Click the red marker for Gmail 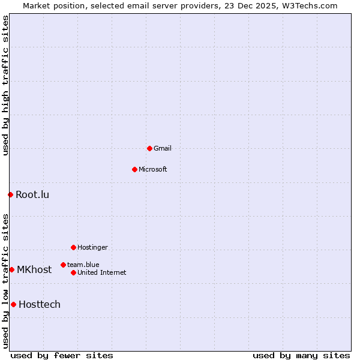pyautogui.click(x=149, y=148)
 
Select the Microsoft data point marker pyautogui.click(x=134, y=169)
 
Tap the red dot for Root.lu pyautogui.click(x=10, y=194)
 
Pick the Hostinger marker pyautogui.click(x=73, y=247)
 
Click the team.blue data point pyautogui.click(x=63, y=265)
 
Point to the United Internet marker pyautogui.click(x=73, y=272)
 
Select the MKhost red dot pyautogui.click(x=11, y=269)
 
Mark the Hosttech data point pyautogui.click(x=13, y=304)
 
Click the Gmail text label pyautogui.click(x=163, y=148)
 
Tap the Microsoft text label pyautogui.click(x=153, y=169)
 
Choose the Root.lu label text pyautogui.click(x=32, y=194)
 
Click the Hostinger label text pyautogui.click(x=92, y=247)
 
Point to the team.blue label pyautogui.click(x=83, y=265)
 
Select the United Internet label pyautogui.click(x=102, y=272)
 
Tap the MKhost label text pyautogui.click(x=34, y=269)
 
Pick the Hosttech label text pyautogui.click(x=40, y=304)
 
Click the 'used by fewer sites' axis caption pyautogui.click(x=62, y=355)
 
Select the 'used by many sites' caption pyautogui.click(x=301, y=355)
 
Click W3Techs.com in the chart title pyautogui.click(x=310, y=6)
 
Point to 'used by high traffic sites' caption pyautogui.click(x=6, y=85)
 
